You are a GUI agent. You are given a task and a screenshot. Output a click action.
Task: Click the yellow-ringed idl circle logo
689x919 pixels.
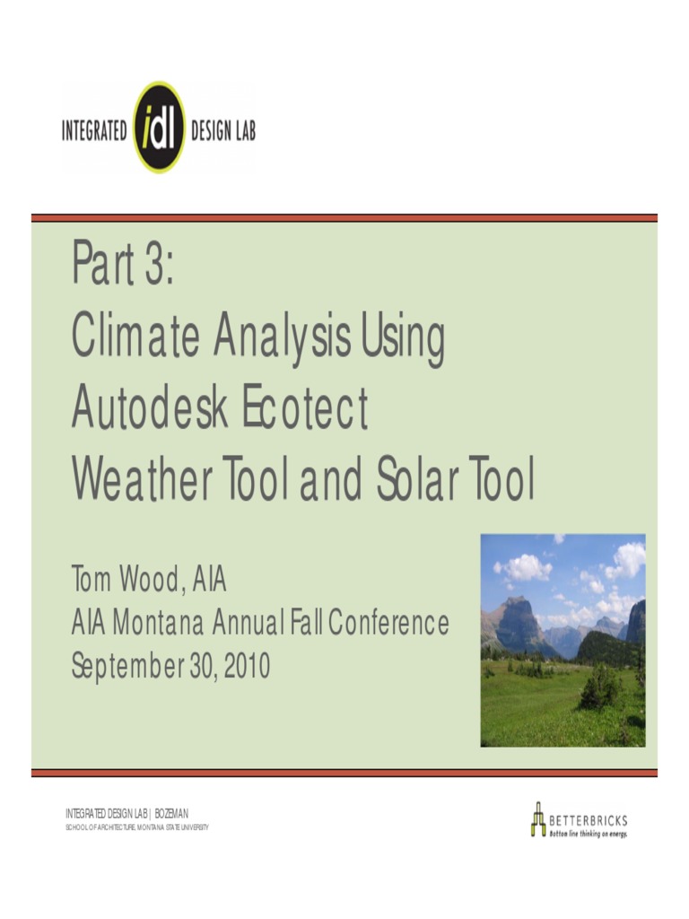click(159, 127)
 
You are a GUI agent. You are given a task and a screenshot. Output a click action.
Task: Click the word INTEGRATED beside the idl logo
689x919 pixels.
click(94, 131)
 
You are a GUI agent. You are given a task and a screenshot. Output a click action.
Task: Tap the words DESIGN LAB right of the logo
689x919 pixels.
click(223, 131)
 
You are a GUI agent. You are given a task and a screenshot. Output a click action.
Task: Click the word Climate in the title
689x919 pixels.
click(134, 338)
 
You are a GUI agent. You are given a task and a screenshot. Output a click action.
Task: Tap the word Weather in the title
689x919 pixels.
click(143, 483)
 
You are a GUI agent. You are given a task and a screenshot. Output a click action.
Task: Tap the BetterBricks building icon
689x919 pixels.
click(537, 818)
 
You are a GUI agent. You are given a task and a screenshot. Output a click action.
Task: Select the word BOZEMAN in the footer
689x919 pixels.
click(171, 813)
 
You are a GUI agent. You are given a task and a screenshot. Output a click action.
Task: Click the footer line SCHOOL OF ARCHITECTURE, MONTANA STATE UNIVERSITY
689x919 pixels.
click(137, 827)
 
